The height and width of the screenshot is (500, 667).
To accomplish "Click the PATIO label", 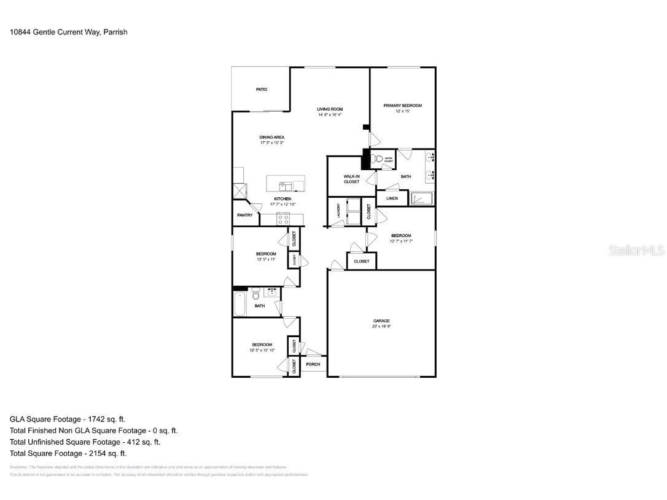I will (262, 90).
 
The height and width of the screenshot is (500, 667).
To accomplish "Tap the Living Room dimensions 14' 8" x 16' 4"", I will (330, 115).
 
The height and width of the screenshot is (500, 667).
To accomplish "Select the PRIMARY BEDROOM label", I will (402, 106).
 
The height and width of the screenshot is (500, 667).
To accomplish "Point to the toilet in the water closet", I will (379, 160).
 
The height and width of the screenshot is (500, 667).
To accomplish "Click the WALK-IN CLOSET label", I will (351, 179).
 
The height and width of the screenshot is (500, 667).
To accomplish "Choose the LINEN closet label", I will (392, 198).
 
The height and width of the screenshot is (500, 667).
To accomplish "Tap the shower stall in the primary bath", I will (421, 198).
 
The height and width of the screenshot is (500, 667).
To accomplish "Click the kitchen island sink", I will (286, 185).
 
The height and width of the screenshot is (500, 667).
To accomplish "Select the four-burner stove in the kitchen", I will (283, 218).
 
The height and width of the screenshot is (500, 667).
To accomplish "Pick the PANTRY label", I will (244, 215).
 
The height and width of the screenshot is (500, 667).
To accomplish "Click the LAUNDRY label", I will (338, 211).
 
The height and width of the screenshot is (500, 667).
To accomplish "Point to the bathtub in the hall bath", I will (240, 303).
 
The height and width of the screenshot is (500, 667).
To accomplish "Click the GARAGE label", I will (381, 321).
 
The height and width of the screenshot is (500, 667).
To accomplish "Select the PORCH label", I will (313, 364).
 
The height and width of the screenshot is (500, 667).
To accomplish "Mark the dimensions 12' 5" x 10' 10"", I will (262, 351).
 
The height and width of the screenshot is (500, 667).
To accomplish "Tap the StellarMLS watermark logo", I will (636, 250).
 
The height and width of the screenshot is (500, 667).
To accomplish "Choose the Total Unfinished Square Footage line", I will (85, 442).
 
